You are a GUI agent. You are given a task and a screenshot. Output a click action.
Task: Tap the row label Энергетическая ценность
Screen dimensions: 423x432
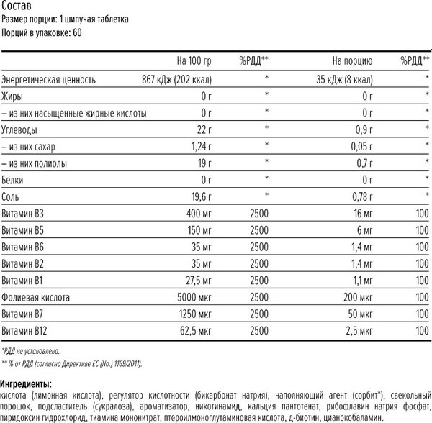point(48,79)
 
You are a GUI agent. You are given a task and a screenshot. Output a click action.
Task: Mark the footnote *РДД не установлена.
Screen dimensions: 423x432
point(31,350)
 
